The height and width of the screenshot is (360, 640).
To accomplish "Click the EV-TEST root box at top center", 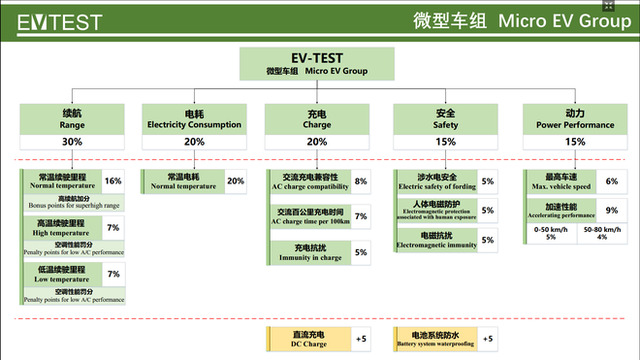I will click(x=317, y=64).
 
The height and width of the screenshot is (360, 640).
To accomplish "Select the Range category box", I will click(x=72, y=118).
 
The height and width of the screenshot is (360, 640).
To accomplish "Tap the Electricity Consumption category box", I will click(x=194, y=118).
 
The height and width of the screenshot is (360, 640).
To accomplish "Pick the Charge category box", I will click(x=317, y=118).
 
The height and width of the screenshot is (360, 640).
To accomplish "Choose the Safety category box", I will click(x=445, y=118).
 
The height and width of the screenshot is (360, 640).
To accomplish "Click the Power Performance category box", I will click(x=575, y=118).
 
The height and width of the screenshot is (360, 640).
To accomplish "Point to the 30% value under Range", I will click(x=72, y=142).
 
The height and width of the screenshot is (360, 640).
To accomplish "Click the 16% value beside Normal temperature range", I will click(x=112, y=181).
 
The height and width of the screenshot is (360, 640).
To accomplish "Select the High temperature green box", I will click(x=60, y=228).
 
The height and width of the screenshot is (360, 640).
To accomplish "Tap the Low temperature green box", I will click(x=60, y=275).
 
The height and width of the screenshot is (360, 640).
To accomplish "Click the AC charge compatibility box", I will click(x=309, y=181).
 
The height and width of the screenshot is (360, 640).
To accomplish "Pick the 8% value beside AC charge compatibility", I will click(x=361, y=181).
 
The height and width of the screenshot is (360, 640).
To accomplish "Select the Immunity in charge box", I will click(x=309, y=252).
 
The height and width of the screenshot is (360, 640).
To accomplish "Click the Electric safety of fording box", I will click(x=435, y=181).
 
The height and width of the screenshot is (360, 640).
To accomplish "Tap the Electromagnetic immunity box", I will click(x=435, y=241).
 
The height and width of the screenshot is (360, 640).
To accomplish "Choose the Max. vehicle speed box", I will click(x=560, y=181).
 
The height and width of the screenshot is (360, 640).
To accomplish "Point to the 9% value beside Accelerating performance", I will click(x=611, y=210).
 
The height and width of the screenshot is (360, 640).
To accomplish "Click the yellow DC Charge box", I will click(x=308, y=340).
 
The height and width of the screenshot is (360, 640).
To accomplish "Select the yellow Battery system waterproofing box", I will click(x=435, y=340).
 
